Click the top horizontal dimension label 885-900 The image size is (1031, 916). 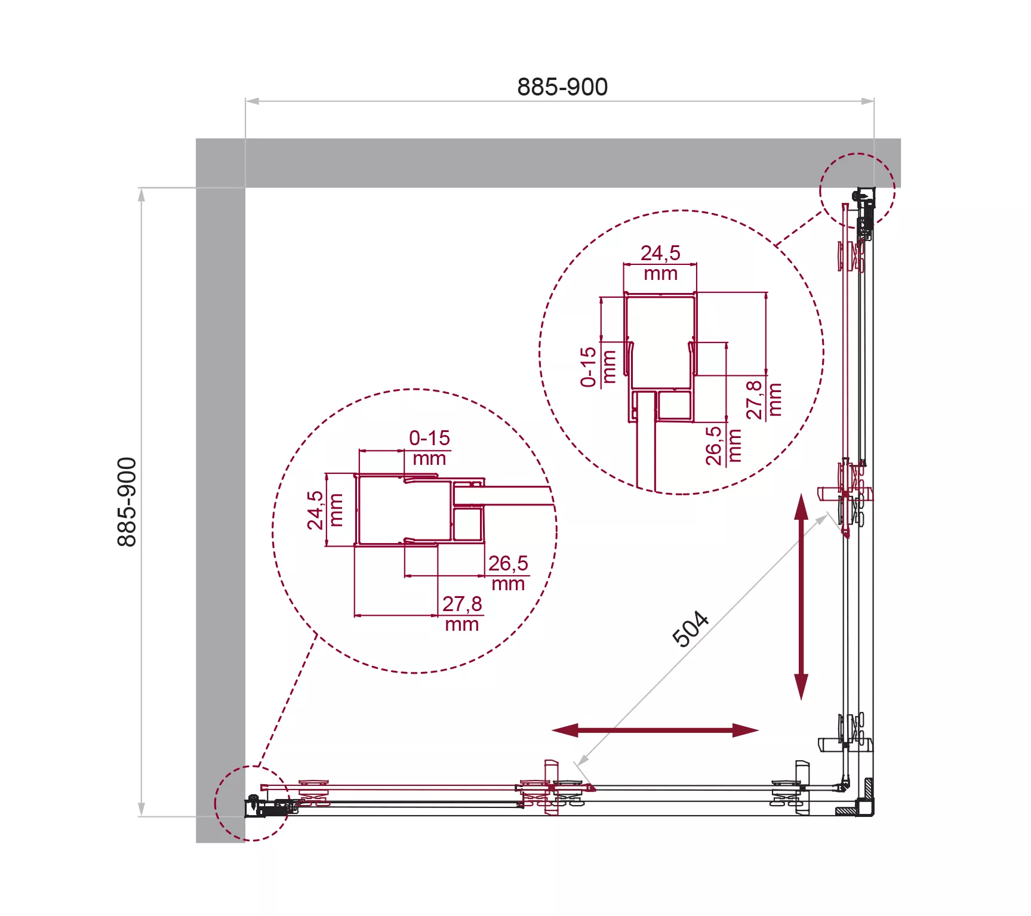(562, 87)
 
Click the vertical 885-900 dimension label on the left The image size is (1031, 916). (127, 502)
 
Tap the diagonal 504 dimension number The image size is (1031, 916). (691, 629)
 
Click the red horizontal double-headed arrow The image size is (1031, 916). (655, 730)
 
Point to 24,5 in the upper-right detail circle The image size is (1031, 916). (660, 253)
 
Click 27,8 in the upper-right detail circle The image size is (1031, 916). (755, 400)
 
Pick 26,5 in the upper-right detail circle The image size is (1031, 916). (714, 445)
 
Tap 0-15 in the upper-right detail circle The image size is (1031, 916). (589, 367)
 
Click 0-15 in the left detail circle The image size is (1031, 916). (429, 438)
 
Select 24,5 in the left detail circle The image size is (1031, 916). (315, 510)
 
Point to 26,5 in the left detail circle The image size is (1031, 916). (508, 563)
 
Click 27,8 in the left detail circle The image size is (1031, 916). (462, 604)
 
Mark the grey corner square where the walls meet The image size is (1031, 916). (220, 163)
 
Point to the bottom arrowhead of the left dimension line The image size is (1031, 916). (141, 809)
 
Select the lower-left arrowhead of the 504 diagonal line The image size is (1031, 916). (582, 760)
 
